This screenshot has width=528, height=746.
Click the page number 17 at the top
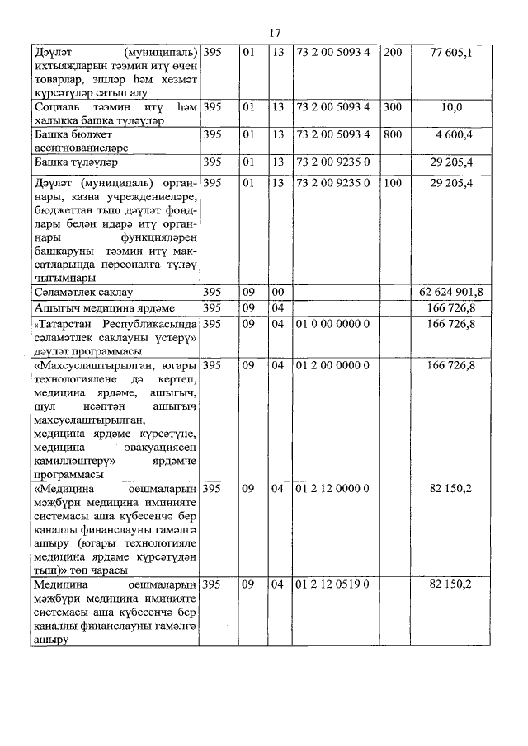pyautogui.click(x=276, y=33)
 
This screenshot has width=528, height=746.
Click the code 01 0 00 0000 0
pyautogui.click(x=332, y=324)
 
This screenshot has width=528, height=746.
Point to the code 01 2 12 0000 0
pyautogui.click(x=332, y=489)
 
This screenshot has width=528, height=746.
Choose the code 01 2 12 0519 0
pyautogui.click(x=332, y=584)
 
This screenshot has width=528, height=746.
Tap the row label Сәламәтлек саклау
pyautogui.click(x=84, y=292)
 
